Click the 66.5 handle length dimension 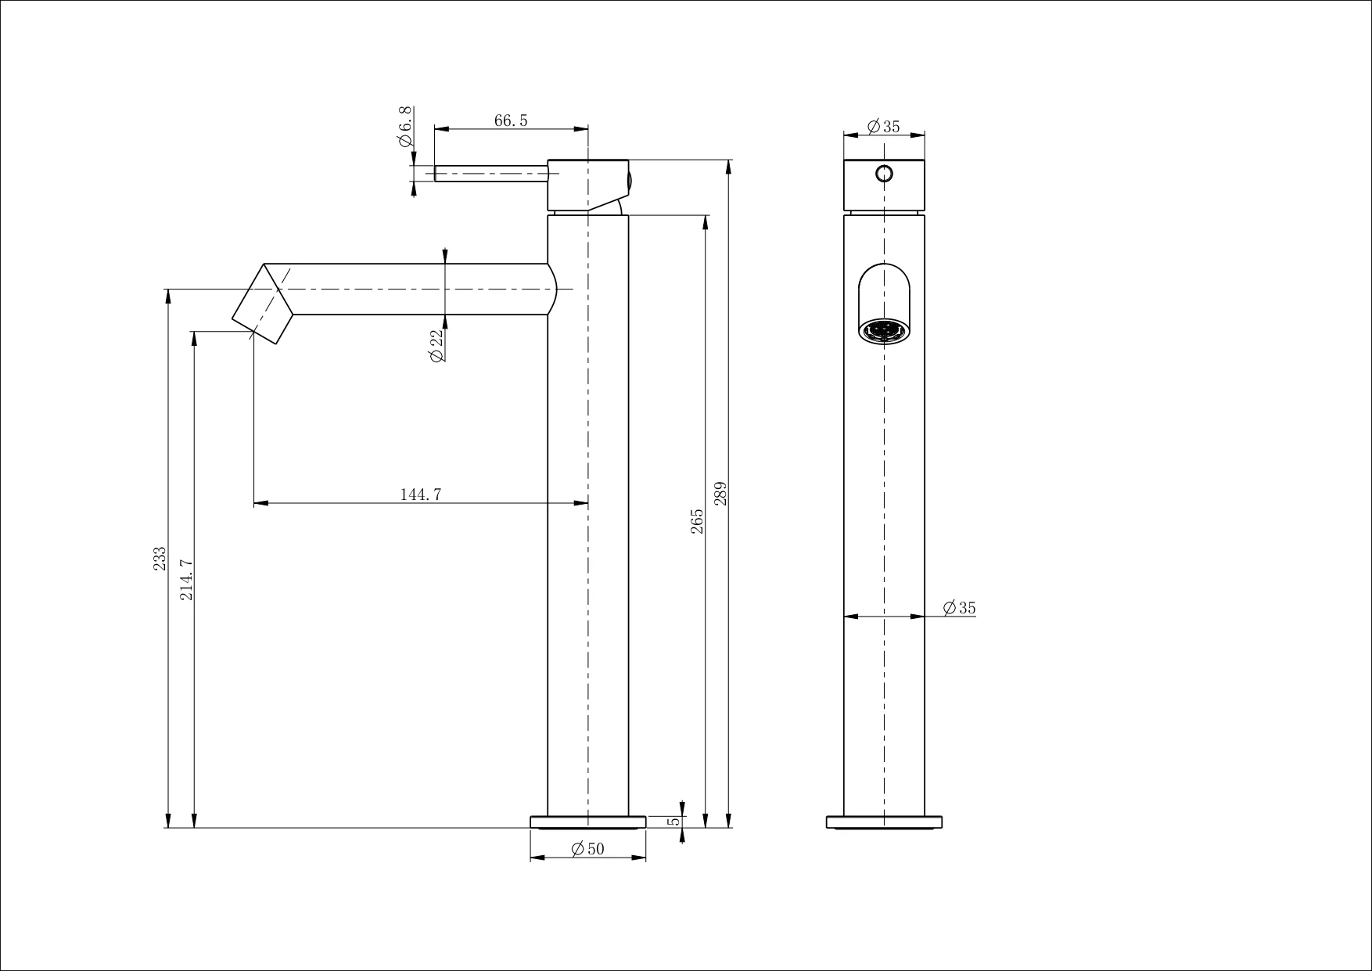pos(511,120)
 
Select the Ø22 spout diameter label pos(436,345)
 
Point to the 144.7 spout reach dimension pos(421,494)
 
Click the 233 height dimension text pos(160,559)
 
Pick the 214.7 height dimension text pos(186,580)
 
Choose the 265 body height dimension pos(697,522)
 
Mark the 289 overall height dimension pos(720,493)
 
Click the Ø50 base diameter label pos(588,849)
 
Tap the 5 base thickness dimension pos(674,822)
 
